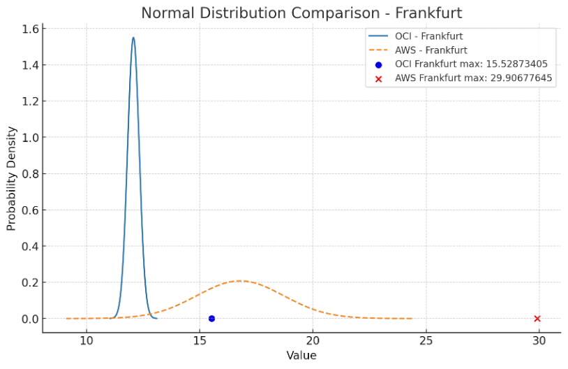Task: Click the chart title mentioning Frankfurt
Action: pyautogui.click(x=301, y=13)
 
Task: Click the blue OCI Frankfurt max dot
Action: pyautogui.click(x=211, y=319)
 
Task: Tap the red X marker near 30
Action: pyautogui.click(x=537, y=319)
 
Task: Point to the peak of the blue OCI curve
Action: pyautogui.click(x=133, y=38)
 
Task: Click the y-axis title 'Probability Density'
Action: pyautogui.click(x=12, y=178)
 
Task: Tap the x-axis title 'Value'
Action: pyautogui.click(x=301, y=356)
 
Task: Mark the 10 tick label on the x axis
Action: pyautogui.click(x=87, y=341)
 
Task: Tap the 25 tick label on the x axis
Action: pyautogui.click(x=426, y=341)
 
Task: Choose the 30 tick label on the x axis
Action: pyautogui.click(x=539, y=341)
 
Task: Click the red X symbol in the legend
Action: pyautogui.click(x=379, y=78)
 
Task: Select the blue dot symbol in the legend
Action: pyautogui.click(x=379, y=64)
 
